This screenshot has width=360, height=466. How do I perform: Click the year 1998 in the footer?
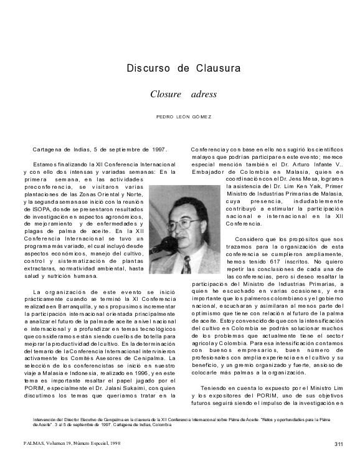point(113,444)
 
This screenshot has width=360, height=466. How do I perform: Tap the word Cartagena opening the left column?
point(49,150)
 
